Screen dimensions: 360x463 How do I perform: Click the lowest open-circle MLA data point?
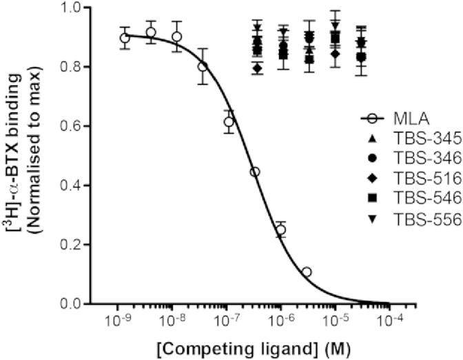click(307, 272)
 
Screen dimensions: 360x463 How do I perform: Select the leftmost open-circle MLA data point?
click(125, 38)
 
